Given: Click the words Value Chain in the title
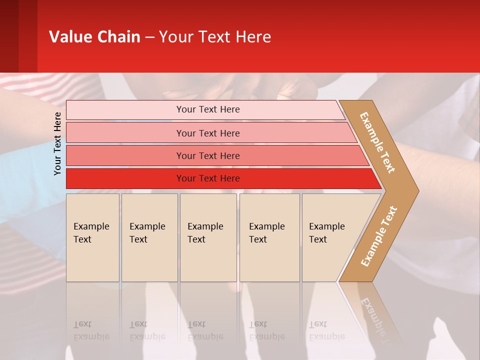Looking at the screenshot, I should [x=94, y=37].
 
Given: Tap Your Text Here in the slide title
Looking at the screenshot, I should [x=215, y=37].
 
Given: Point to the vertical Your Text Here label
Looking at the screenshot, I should [x=57, y=143].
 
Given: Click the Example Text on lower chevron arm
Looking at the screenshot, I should [x=379, y=236].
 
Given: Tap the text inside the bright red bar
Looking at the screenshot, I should [x=208, y=178].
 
